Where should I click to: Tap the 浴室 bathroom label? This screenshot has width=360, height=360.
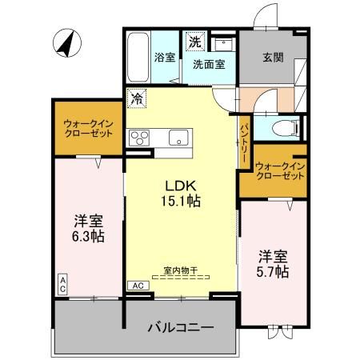pyautogui.click(x=165, y=58)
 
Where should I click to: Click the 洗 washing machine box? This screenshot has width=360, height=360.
pyautogui.click(x=194, y=40)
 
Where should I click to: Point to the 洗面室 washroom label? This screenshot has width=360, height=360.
pyautogui.click(x=207, y=66)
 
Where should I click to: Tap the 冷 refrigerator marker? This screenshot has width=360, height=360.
pyautogui.click(x=138, y=99)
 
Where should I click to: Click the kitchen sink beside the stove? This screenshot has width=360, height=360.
pyautogui.click(x=176, y=134)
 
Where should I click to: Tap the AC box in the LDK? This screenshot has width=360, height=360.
pyautogui.click(x=137, y=285)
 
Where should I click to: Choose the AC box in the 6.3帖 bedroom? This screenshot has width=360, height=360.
pyautogui.click(x=62, y=282)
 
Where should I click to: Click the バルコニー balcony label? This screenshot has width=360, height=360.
pyautogui.click(x=179, y=327)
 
